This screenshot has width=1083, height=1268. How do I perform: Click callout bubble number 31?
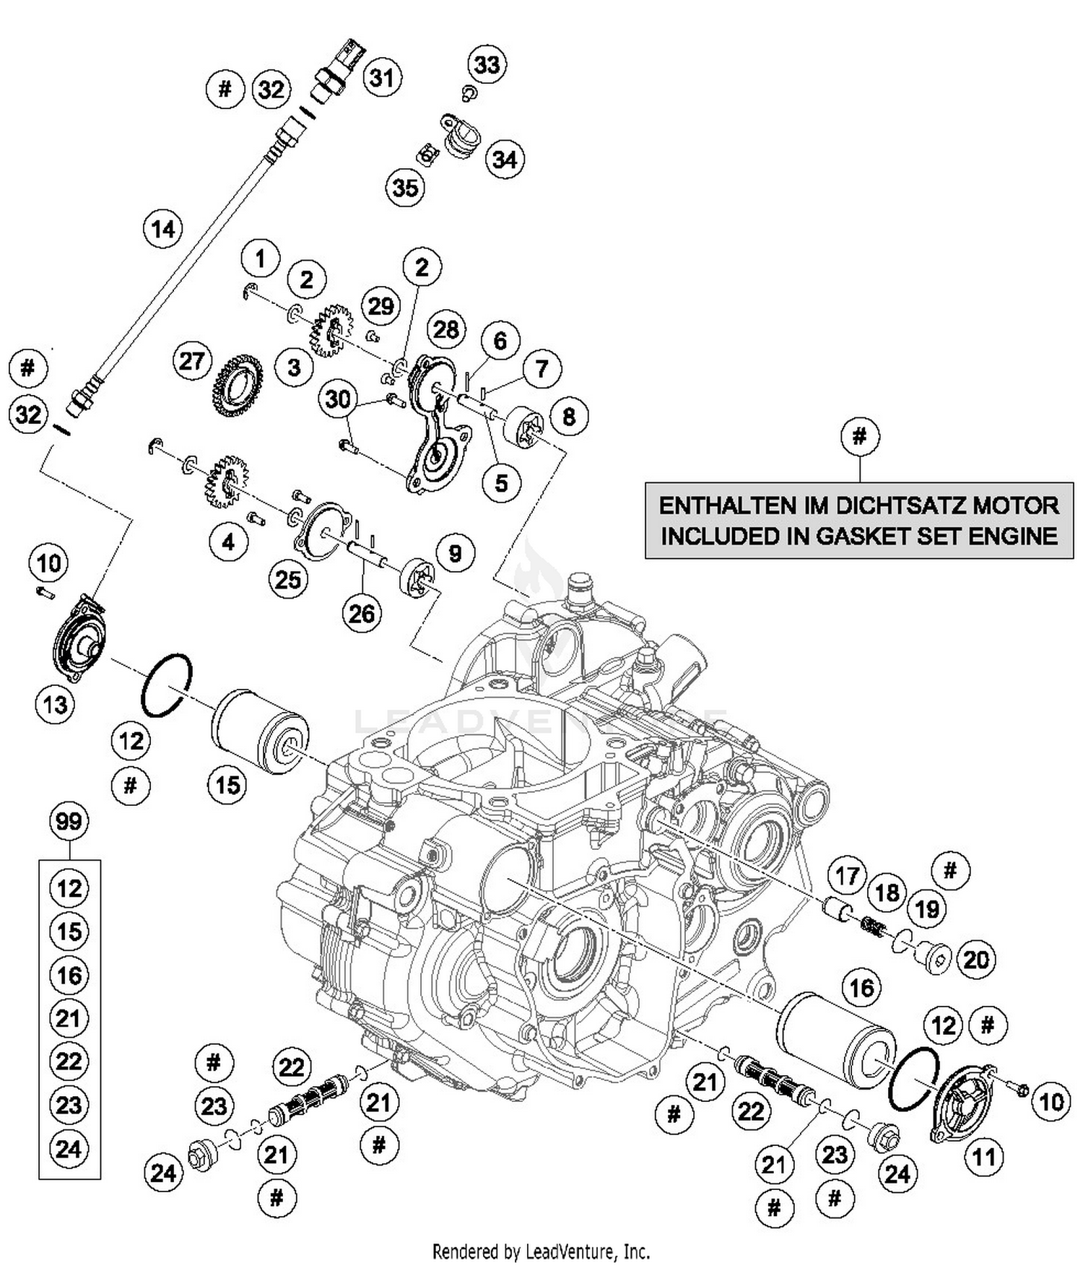click(x=382, y=77)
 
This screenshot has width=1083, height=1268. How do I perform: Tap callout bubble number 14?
click(x=163, y=230)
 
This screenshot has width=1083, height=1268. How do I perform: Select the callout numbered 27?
click(x=191, y=361)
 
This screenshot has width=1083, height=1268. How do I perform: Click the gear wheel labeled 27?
click(x=237, y=388)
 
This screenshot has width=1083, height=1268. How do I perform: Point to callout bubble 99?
click(x=69, y=822)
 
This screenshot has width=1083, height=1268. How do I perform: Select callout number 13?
click(x=56, y=704)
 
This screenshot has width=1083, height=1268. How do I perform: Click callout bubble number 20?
click(x=976, y=960)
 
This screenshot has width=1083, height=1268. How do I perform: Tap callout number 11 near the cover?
click(x=983, y=1158)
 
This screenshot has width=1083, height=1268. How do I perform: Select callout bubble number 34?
click(x=505, y=159)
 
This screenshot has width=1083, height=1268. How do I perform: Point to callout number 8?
click(x=569, y=417)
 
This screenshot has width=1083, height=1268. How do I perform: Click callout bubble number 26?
click(x=362, y=614)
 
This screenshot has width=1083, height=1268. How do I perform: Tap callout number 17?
click(x=846, y=876)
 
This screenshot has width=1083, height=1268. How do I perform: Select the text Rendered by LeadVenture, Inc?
click(x=541, y=1251)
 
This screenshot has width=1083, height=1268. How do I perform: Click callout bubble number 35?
click(x=405, y=188)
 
